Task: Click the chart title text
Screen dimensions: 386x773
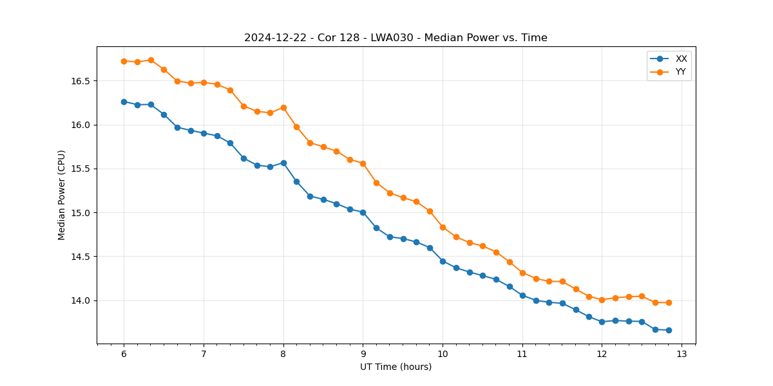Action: point(396,38)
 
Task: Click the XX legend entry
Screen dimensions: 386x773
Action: point(681,59)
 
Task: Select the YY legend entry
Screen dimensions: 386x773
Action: point(680,72)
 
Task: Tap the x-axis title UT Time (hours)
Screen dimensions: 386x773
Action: point(396,367)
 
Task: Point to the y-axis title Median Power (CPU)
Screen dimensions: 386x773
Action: point(62,195)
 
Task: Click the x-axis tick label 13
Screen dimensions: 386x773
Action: point(682,354)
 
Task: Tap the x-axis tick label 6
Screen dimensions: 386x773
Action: point(124,354)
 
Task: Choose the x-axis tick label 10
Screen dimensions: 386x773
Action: point(443,354)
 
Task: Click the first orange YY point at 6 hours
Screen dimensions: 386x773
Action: point(124,61)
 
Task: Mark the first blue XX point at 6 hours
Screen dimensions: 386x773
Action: point(124,102)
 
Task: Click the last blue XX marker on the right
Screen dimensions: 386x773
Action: point(669,330)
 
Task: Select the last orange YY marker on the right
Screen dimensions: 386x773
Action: point(669,302)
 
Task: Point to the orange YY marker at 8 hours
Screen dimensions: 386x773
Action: point(283,107)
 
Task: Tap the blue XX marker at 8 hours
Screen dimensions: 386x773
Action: point(283,163)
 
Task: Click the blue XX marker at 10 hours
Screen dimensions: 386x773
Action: point(443,261)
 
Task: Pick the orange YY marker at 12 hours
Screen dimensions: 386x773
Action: point(602,300)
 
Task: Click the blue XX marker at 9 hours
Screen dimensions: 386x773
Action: point(363,212)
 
